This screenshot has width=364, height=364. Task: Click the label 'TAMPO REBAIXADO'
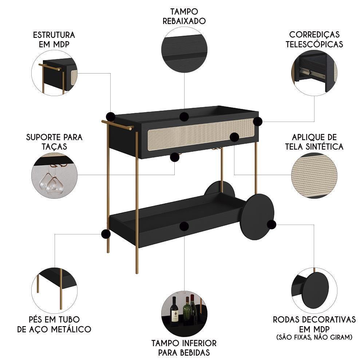tap(184, 16)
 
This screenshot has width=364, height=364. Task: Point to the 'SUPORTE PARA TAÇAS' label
tap(54, 142)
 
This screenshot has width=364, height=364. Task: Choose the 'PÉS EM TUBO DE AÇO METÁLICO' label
tap(54, 324)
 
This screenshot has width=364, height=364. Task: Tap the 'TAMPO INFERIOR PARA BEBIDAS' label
tap(184, 348)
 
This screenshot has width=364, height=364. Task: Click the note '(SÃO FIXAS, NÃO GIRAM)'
tap(314, 337)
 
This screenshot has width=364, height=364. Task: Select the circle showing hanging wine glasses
tap(54, 175)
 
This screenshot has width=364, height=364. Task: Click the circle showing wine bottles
tap(184, 313)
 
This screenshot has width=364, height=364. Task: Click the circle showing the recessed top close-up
tap(184, 50)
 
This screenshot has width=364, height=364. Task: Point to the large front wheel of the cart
tap(257, 217)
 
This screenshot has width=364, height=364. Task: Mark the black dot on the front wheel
tap(271, 224)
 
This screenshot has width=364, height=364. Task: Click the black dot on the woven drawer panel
tap(234, 137)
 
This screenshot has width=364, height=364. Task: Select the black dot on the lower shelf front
tap(184, 226)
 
